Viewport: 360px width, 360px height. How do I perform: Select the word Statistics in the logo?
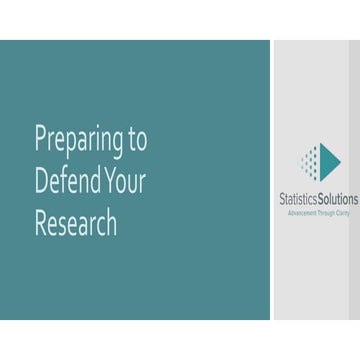[299, 199]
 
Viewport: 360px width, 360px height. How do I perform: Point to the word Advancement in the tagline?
[301, 211]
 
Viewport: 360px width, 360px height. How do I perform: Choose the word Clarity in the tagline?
[341, 211]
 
